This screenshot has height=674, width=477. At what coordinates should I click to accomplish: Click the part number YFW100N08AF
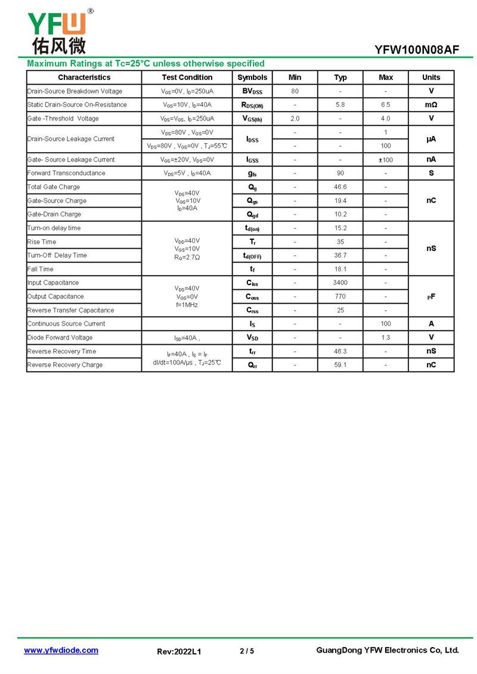417,50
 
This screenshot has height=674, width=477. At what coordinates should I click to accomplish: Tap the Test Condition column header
187,78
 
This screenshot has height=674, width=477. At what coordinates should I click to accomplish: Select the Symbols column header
252,78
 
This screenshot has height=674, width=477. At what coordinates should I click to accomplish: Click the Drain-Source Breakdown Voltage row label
75,91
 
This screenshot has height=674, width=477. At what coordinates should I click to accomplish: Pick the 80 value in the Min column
295,91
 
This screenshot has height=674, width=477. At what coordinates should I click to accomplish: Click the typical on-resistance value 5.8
340,105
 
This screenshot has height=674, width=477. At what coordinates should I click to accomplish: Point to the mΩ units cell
431,105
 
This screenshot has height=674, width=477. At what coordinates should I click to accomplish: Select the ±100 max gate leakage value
386,160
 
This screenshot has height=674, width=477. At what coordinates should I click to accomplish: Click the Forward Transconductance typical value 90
340,174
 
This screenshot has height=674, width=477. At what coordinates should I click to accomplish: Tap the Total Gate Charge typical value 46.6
340,187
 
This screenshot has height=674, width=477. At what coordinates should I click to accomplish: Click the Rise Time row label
42,242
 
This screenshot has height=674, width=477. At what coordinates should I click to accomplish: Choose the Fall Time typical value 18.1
340,269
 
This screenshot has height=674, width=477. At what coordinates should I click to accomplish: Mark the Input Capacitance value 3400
340,283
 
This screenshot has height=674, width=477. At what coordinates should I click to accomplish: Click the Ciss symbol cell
252,283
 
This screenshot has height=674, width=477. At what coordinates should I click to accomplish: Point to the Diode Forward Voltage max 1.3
386,338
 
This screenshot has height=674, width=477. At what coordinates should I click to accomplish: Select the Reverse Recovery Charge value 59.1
340,365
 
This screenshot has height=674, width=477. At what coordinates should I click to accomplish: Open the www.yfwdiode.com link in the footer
61,650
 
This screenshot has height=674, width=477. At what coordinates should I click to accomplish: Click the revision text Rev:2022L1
179,651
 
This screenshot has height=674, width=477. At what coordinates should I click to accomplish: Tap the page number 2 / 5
246,651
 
